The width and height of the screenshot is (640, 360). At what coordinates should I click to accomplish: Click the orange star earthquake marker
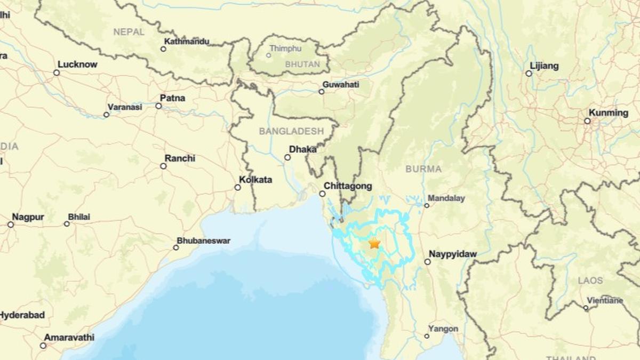pyautogui.click(x=374, y=243)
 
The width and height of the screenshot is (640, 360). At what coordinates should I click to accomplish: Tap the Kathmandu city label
pyautogui.click(x=187, y=41)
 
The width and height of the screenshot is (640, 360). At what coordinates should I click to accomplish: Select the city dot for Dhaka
pyautogui.click(x=287, y=157)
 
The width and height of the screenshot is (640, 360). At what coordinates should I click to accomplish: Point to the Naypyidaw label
pyautogui.click(x=453, y=254)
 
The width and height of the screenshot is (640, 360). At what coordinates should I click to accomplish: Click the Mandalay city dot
pyautogui.click(x=427, y=205)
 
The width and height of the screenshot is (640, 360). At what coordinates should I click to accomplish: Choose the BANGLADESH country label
pyautogui.click(x=291, y=131)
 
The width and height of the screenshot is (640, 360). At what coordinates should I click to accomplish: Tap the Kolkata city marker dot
pyautogui.click(x=238, y=187)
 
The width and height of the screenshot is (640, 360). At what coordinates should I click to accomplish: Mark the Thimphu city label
pyautogui.click(x=285, y=49)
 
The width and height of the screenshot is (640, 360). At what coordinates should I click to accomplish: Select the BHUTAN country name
pyautogui.click(x=302, y=64)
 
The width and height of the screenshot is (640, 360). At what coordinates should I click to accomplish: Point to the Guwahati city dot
pyautogui.click(x=322, y=92)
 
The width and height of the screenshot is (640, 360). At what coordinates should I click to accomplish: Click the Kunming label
pyautogui.click(x=608, y=113)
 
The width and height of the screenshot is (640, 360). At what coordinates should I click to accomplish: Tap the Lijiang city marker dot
pyautogui.click(x=529, y=74)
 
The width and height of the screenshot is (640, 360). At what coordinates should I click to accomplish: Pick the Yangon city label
pyautogui.click(x=443, y=329)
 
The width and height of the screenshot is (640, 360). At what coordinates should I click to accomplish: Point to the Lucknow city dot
pyautogui.click(x=57, y=73)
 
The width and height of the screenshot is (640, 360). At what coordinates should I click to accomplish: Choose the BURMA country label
pyautogui.click(x=423, y=169)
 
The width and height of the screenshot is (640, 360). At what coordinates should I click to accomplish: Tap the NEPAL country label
pyautogui.click(x=129, y=32)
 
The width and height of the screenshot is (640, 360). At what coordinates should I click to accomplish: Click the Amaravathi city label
pyautogui.click(x=69, y=338)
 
